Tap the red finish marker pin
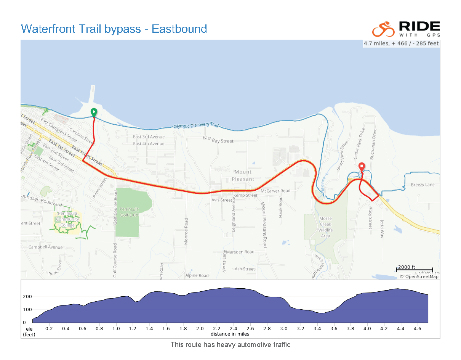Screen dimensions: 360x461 coord(362,167)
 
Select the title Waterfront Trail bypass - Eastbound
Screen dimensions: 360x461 coord(114,29)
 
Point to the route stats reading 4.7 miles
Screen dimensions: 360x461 coord(401,43)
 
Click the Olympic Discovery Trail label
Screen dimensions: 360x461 coord(196,125)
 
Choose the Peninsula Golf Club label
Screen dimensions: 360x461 coord(129,212)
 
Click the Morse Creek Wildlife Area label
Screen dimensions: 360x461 coord(325,227)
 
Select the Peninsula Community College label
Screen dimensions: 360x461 coord(67,219)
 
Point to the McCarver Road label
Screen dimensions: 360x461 coord(275,191)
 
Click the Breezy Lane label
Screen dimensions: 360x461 coord(423,185)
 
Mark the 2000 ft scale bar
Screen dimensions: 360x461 coord(414,269)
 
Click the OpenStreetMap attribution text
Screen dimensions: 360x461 coord(419,276)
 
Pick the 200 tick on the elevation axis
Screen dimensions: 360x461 coord(27,297)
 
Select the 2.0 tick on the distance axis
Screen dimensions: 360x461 coord(200,328)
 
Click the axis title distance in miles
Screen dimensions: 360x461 coord(230,334)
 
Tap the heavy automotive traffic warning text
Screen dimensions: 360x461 coord(230,345)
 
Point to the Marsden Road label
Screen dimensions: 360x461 coord(240,252)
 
